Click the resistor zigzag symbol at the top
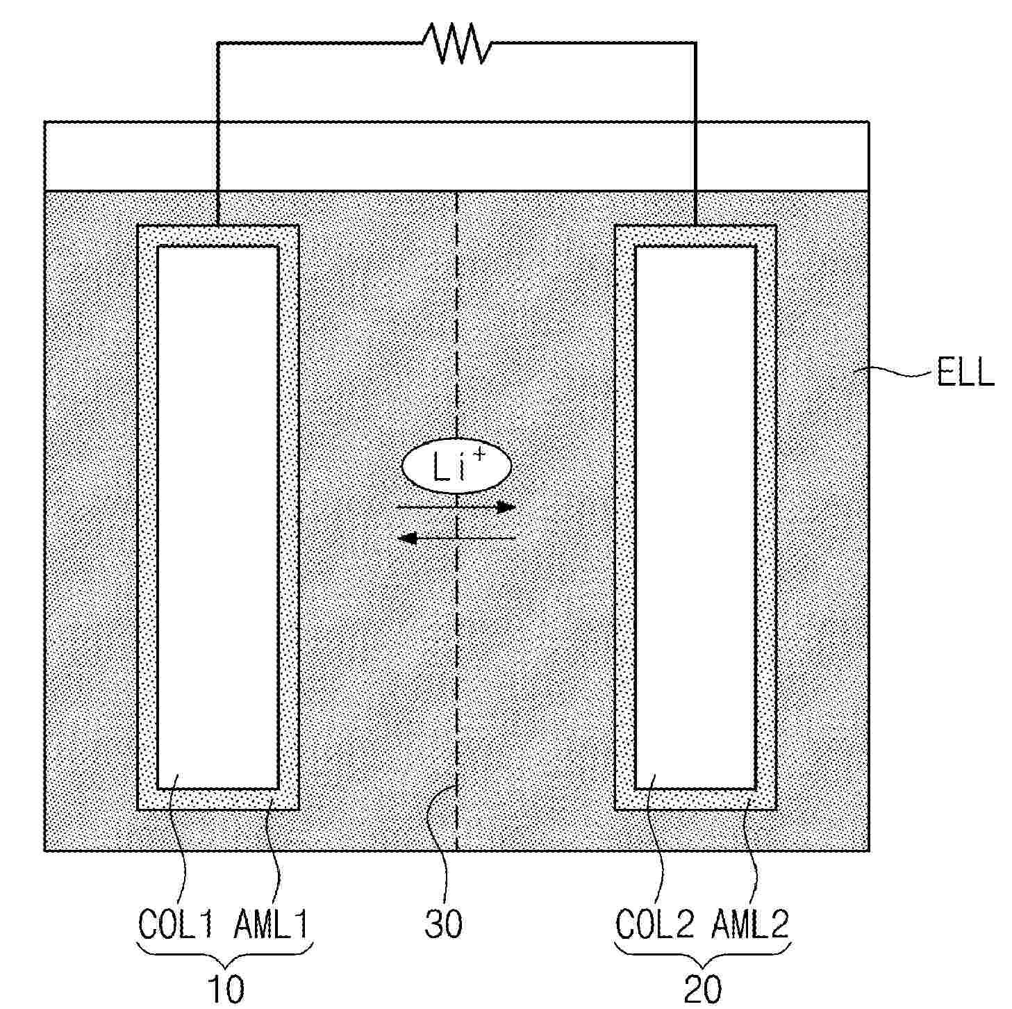(x=456, y=43)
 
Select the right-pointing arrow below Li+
(x=456, y=507)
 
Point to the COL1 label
(x=179, y=924)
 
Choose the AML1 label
(x=271, y=924)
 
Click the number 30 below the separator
(x=444, y=924)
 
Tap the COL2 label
(x=656, y=924)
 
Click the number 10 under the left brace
(x=226, y=989)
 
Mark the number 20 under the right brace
(x=703, y=989)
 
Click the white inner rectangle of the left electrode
(x=218, y=518)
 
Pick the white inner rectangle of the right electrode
(x=695, y=518)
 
